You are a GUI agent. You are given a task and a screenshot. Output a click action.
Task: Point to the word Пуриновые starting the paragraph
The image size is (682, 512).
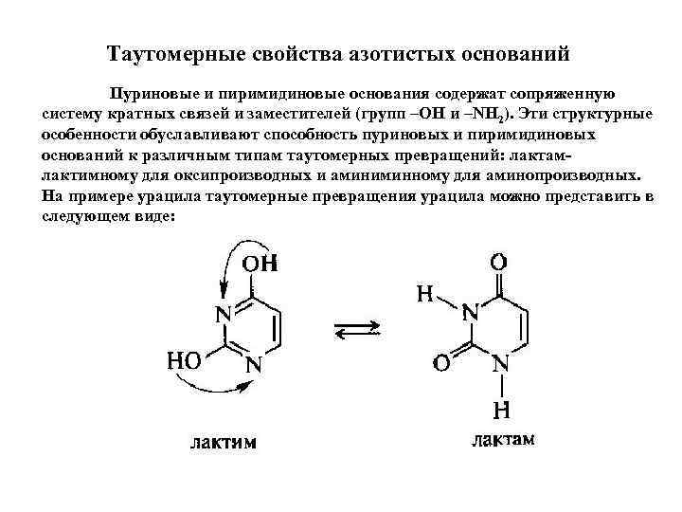click(x=151, y=95)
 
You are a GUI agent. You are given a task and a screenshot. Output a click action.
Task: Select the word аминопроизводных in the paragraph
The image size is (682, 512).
click(x=552, y=175)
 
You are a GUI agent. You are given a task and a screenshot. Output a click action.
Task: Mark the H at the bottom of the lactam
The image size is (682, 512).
click(x=501, y=411)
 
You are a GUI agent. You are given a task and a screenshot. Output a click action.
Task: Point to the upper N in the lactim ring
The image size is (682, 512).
click(x=224, y=315)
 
